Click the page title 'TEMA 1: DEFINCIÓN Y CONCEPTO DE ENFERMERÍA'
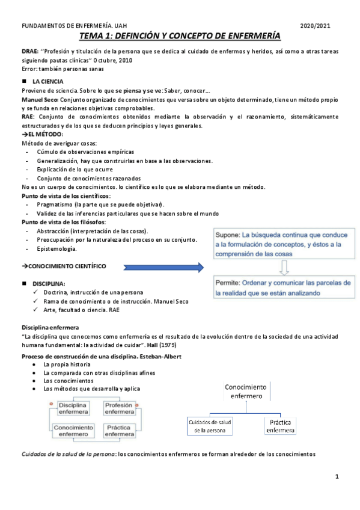click(180, 37)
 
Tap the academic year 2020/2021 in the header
click(315, 26)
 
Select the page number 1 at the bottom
click(338, 476)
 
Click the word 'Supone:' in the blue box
click(228, 235)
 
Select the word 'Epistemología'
click(56, 249)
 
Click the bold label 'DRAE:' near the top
click(29, 52)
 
